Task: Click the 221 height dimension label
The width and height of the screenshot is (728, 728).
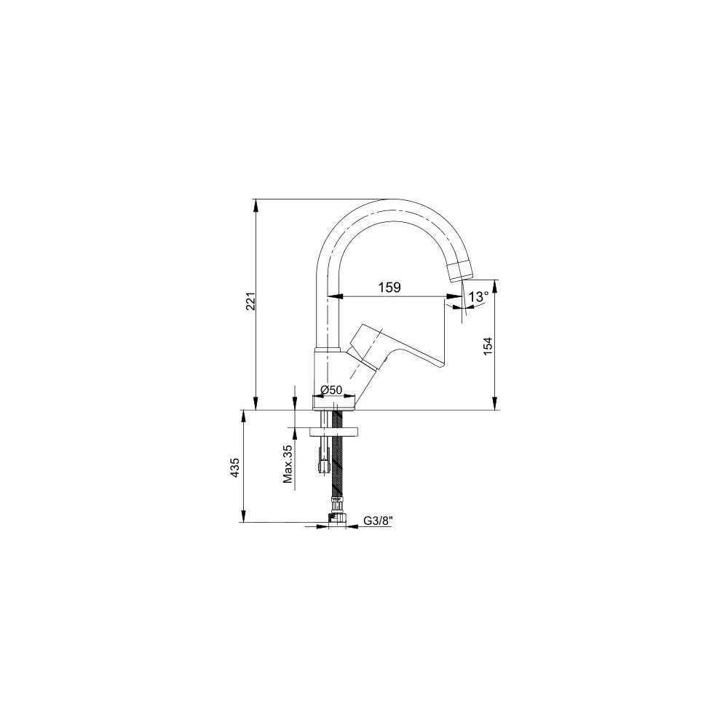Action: coord(251,302)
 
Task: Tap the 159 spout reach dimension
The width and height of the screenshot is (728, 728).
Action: coord(389,288)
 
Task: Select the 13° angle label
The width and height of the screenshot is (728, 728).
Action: coord(478,297)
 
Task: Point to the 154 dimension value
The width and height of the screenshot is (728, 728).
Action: coord(488,346)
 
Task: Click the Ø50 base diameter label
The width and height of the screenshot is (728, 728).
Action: coord(331,390)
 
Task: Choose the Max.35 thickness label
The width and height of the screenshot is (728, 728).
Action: coord(288,464)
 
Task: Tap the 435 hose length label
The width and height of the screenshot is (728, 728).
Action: coord(235,467)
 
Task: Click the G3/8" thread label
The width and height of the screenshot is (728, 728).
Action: coord(377,521)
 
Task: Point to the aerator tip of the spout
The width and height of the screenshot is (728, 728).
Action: coord(460,270)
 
